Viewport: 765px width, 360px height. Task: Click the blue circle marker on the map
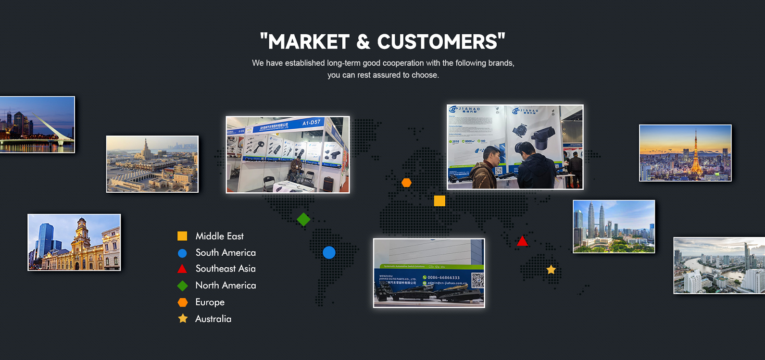pos(329,252)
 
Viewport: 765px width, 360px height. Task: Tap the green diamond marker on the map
pos(303,219)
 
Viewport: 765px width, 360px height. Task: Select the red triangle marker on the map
pos(522,241)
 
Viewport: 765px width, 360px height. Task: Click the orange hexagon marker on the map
pos(406,183)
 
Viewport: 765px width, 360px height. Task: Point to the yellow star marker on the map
pos(551,270)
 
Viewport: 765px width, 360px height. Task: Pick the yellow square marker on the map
pos(439,201)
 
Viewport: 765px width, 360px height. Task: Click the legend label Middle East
pos(219,236)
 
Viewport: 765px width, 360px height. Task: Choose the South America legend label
pos(226,252)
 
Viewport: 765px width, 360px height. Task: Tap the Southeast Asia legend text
pos(226,269)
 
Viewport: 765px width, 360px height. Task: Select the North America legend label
pos(226,286)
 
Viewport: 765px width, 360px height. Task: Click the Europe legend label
pos(210,302)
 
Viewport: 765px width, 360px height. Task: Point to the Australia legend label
pos(213,319)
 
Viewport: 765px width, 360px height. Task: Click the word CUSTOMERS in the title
pos(437,42)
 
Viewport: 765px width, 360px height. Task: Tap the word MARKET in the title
pos(309,42)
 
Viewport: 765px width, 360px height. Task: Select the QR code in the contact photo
pos(477,280)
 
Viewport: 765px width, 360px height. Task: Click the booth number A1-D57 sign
pos(311,123)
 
